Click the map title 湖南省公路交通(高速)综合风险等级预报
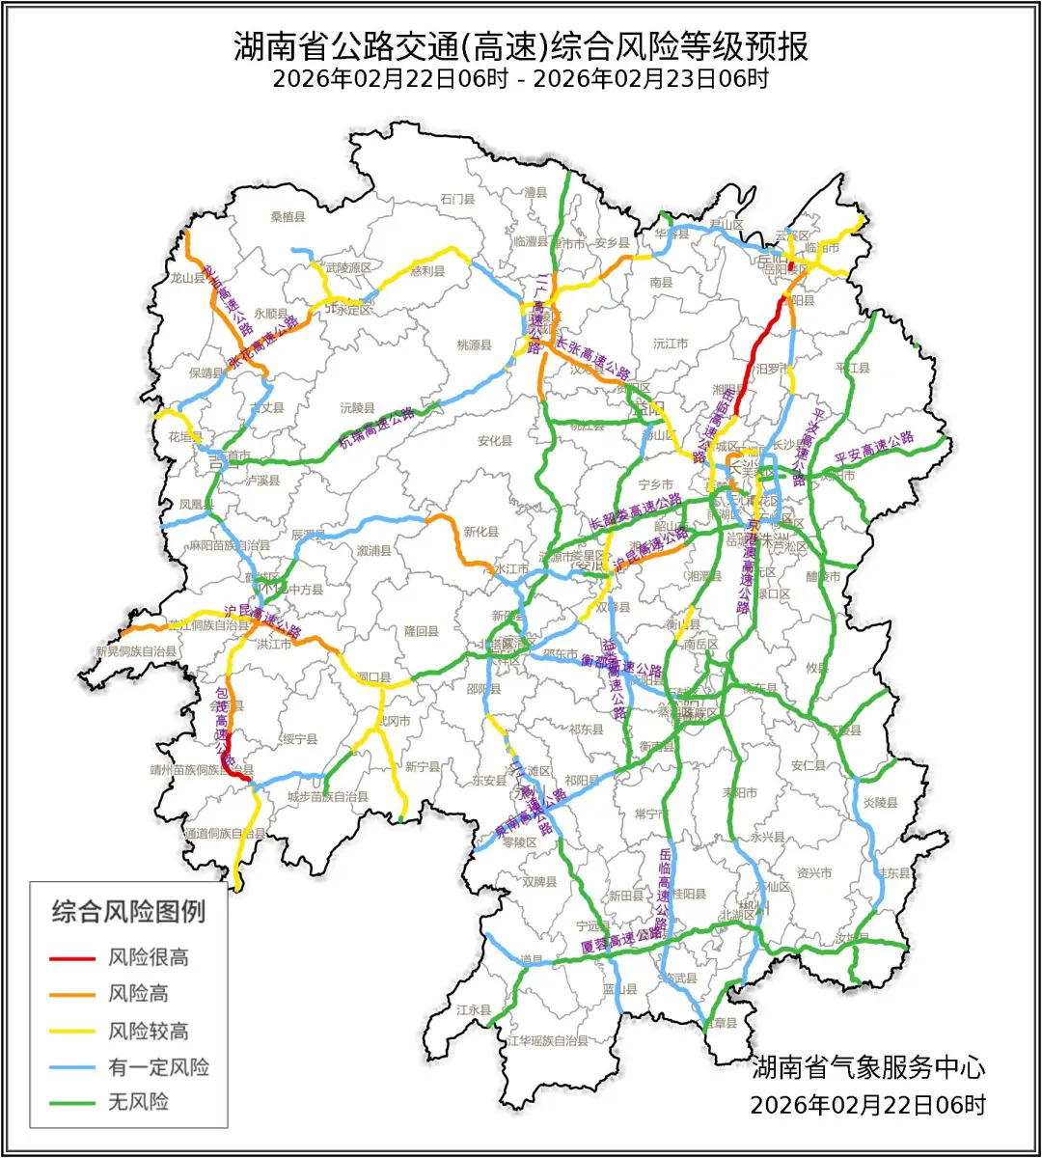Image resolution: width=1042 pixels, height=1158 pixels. tap(520, 45)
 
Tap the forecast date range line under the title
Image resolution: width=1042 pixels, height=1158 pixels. tap(520, 79)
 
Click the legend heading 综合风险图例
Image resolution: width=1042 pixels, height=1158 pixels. tap(128, 911)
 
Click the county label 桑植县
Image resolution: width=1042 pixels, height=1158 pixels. tap(288, 217)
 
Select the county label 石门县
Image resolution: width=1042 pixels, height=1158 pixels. tap(458, 200)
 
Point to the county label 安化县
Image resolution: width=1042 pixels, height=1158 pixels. tap(495, 441)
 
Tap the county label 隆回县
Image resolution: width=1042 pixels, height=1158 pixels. tap(422, 631)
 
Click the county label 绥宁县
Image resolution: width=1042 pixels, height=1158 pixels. tap(300, 739)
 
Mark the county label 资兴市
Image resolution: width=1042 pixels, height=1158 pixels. tap(814, 873)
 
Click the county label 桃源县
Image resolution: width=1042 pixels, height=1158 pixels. tap(475, 345)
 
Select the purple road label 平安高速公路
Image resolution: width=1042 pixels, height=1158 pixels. tap(874, 447)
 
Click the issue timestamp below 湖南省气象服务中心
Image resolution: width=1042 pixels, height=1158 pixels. tap(868, 1104)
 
